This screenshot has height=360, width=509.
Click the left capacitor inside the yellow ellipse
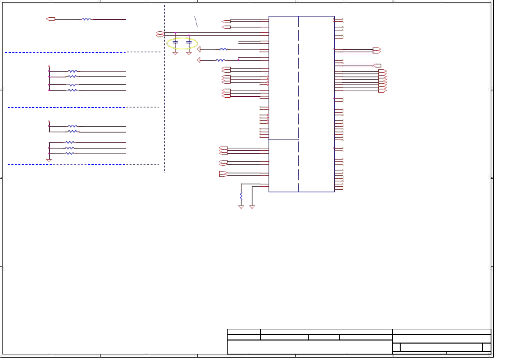tap(175, 42)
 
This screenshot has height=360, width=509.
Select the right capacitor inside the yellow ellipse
tap(189, 42)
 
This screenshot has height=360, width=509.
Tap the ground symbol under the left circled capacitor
tap(175, 53)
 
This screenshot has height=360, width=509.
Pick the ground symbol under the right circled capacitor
tap(189, 53)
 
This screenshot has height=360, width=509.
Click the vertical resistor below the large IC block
tap(241, 196)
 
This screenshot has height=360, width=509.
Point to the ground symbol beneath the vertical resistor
tap(241, 207)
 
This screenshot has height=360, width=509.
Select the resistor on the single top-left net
tap(86, 19)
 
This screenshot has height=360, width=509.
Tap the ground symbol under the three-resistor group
tap(49, 160)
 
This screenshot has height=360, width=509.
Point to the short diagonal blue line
tap(196, 21)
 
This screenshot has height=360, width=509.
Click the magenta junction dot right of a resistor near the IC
tap(238, 60)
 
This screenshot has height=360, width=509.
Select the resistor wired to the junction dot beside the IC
tap(221, 60)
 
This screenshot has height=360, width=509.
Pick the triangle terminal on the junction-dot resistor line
tap(199, 60)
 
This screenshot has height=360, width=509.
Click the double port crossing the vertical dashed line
tap(160, 34)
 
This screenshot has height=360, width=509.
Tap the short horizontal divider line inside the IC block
tap(284, 140)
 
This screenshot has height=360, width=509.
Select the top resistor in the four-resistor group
tap(73, 71)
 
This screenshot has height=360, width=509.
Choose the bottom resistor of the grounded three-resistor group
tap(70, 154)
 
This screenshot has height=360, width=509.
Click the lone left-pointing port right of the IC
tap(377, 65)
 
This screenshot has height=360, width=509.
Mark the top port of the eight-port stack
tap(382, 71)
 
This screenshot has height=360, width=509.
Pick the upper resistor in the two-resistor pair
tap(73, 126)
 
